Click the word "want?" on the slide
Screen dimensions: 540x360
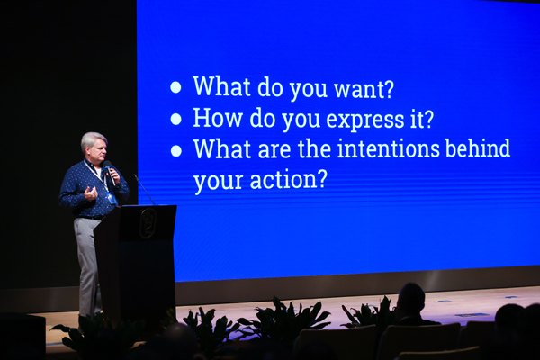364,90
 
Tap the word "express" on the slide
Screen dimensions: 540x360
365,121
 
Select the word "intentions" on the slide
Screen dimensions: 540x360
389,148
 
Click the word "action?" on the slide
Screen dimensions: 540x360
288,179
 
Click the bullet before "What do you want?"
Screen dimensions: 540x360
175,87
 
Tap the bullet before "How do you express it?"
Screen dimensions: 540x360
176,119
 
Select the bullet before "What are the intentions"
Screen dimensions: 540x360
176,150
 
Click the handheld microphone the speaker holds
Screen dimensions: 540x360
110,172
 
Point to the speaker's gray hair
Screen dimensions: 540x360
93,140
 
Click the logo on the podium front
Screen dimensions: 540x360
148,223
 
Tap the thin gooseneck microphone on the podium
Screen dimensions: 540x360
145,190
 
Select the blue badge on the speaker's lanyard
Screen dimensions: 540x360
111,199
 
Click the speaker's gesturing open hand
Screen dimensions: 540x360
91,193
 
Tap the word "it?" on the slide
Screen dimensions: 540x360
422,119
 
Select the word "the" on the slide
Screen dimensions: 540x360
314,148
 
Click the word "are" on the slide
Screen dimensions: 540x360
274,150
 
